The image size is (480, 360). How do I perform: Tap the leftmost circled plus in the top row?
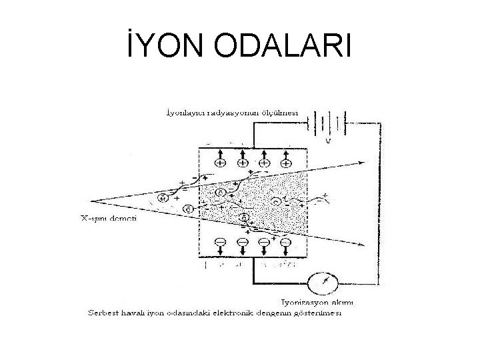pos(219,163)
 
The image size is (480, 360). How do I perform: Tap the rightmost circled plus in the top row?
pos(286,163)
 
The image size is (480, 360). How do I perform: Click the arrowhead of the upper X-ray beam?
pos(363,161)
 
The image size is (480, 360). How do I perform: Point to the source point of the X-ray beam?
pos(91,199)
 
